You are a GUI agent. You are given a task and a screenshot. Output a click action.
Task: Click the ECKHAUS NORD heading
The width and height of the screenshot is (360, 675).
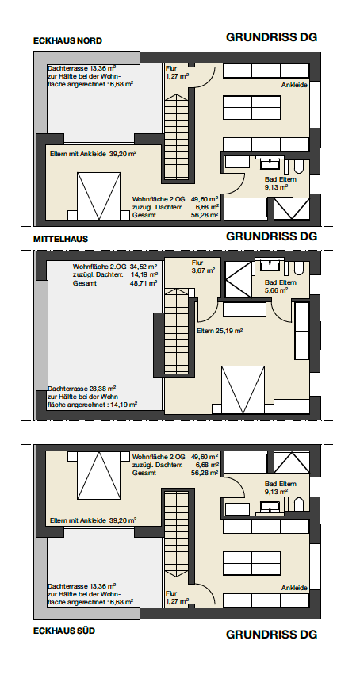pyautogui.click(x=67, y=41)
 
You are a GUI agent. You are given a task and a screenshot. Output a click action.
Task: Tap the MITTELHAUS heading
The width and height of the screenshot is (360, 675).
pyautogui.click(x=60, y=239)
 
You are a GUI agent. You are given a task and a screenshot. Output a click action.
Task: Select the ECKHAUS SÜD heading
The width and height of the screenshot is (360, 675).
pyautogui.click(x=64, y=631)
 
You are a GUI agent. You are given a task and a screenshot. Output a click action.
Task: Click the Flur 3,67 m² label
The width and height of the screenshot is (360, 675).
pyautogui.click(x=203, y=267)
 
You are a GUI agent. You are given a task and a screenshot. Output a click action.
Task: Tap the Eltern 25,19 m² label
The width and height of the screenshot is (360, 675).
pyautogui.click(x=220, y=331)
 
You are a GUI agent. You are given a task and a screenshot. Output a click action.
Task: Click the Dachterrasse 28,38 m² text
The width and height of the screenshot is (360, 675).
pyautogui.click(x=82, y=388)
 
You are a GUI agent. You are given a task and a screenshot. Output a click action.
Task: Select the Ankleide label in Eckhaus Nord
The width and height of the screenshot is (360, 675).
pyautogui.click(x=295, y=85)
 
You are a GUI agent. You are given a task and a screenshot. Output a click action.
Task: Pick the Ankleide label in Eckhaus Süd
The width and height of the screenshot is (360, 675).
pyautogui.click(x=295, y=588)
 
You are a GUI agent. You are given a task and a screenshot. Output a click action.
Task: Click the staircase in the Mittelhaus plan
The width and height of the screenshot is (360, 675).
pyautogui.click(x=177, y=332)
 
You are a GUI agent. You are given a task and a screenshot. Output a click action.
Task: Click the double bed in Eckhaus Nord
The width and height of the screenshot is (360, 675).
pyautogui.click(x=99, y=196)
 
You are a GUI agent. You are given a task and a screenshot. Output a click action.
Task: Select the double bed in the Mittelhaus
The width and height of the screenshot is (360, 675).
pyautogui.click(x=243, y=389)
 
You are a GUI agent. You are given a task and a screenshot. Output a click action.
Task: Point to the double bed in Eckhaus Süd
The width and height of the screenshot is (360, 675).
pyautogui.click(x=99, y=475)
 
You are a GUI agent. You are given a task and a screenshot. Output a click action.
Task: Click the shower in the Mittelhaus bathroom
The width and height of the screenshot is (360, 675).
pyautogui.click(x=239, y=280)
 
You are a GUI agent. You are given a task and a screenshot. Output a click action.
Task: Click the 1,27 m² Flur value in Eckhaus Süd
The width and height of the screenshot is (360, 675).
pyautogui.click(x=178, y=601)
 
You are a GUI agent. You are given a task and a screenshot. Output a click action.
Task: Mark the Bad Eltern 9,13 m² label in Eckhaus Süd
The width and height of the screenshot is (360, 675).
pyautogui.click(x=281, y=488)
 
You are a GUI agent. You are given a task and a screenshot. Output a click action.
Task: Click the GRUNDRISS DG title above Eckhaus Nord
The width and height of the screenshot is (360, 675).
pyautogui.click(x=271, y=37)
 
